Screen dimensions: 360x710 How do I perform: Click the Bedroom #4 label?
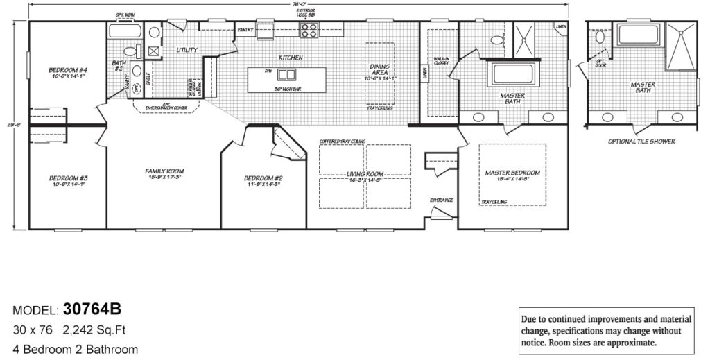(68, 70)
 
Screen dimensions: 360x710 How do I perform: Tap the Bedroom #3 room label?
(68, 178)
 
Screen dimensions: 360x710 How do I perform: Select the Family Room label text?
(164, 171)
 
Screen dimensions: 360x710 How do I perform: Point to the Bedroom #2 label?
(263, 178)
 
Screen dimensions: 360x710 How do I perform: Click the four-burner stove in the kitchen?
(309, 30)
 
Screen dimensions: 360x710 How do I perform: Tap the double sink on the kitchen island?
(288, 74)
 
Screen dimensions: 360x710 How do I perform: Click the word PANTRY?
(245, 31)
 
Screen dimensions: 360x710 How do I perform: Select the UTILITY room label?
(187, 50)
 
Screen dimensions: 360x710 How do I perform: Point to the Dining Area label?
(379, 69)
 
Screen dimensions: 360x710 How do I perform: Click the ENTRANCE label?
(441, 200)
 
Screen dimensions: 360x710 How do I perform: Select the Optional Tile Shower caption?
(641, 141)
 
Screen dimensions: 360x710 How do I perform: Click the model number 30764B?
(92, 309)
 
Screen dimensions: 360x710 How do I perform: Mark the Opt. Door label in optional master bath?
(600, 63)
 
